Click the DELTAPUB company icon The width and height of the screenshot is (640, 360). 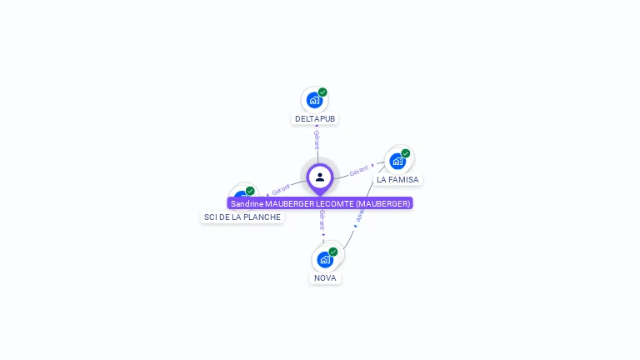[314, 100]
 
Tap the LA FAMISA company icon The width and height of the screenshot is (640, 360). [397, 160]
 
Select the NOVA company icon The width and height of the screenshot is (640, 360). [325, 259]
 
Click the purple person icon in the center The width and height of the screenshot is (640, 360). [320, 177]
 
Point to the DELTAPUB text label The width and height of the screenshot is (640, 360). [315, 118]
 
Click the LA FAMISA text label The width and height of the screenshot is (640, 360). [397, 179]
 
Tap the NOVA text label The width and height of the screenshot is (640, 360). [325, 277]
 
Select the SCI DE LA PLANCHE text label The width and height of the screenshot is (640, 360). [242, 217]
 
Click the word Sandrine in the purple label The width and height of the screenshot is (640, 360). [247, 203]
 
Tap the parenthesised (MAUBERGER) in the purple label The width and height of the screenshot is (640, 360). [382, 203]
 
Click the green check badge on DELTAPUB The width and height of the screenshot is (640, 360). [322, 92]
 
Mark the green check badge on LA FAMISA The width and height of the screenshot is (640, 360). [406, 153]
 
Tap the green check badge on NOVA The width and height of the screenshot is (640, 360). [333, 252]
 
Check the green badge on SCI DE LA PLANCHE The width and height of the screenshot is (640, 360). [250, 191]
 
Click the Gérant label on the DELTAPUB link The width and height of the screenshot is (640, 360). [317, 139]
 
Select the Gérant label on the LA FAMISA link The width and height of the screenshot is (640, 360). [359, 170]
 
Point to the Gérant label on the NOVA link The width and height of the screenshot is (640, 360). [322, 220]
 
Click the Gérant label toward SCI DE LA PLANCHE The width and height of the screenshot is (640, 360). [281, 190]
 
